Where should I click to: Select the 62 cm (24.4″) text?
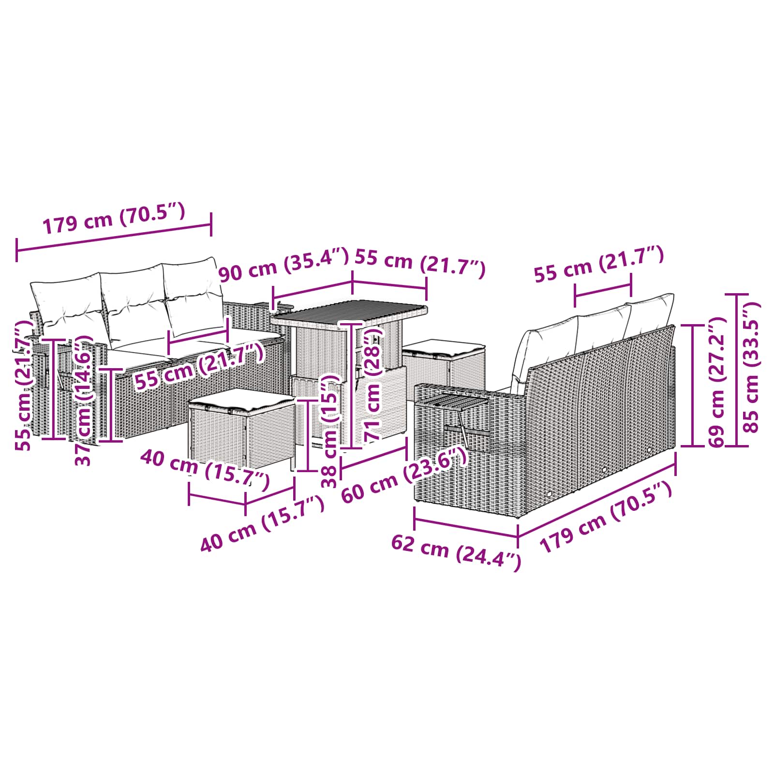[x=456, y=552]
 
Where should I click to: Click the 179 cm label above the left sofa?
[x=114, y=218]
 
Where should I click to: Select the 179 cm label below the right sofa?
[x=606, y=517]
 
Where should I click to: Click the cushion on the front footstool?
[x=241, y=400]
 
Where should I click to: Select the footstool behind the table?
[x=444, y=367]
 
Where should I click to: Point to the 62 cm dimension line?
[x=466, y=523]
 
